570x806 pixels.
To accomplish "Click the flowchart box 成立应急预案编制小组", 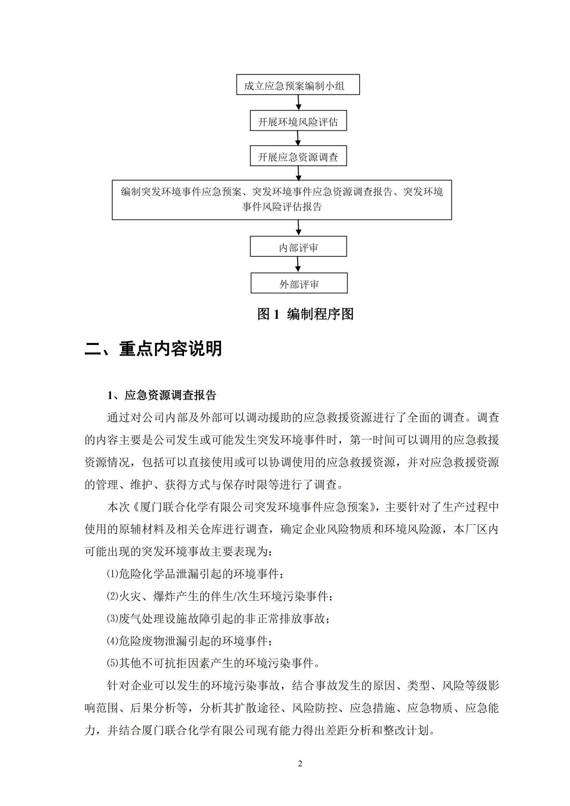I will point(298,85).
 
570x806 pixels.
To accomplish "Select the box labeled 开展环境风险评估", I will point(298,121).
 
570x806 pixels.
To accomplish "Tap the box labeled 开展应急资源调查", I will point(298,156).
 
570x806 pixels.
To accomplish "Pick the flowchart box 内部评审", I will point(298,246).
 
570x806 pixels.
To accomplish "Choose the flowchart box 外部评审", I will point(299,283).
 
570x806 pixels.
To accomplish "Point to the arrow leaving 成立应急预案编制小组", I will point(298,102).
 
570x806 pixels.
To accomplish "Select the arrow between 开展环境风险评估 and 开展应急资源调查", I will point(298,138).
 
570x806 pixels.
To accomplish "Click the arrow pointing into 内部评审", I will point(298,228).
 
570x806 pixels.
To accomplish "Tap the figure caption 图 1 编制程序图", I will point(305,314).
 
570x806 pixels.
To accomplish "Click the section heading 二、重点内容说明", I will point(153,349).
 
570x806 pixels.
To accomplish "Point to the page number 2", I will point(300,763).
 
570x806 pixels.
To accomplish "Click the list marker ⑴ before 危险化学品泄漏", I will point(113,574).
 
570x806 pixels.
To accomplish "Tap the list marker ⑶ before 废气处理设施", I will point(113,619).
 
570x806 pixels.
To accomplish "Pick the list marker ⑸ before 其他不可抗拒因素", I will point(113,663).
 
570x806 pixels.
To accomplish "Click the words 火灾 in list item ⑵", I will point(130,596).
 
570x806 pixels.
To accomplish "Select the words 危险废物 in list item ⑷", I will point(141,641).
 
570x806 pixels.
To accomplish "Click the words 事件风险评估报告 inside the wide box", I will point(282,207).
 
